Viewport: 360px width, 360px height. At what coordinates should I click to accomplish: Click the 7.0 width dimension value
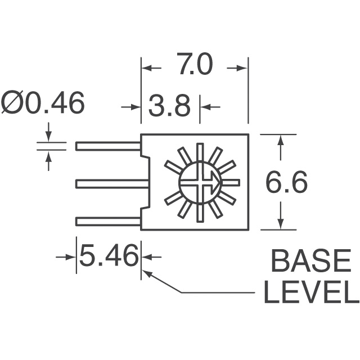click(194, 66)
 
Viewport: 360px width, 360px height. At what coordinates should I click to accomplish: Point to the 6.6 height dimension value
click(286, 182)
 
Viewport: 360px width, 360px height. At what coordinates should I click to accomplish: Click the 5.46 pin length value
click(109, 256)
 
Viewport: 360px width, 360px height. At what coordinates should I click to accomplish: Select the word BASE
click(310, 263)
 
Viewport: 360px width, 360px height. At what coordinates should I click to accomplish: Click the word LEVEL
click(310, 293)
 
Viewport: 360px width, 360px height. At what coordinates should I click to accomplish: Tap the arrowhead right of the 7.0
click(242, 67)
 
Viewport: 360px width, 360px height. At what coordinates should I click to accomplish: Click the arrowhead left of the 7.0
click(147, 67)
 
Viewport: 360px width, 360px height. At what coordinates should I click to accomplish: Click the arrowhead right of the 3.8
click(206, 106)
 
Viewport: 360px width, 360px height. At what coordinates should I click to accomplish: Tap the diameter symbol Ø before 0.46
click(12, 104)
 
